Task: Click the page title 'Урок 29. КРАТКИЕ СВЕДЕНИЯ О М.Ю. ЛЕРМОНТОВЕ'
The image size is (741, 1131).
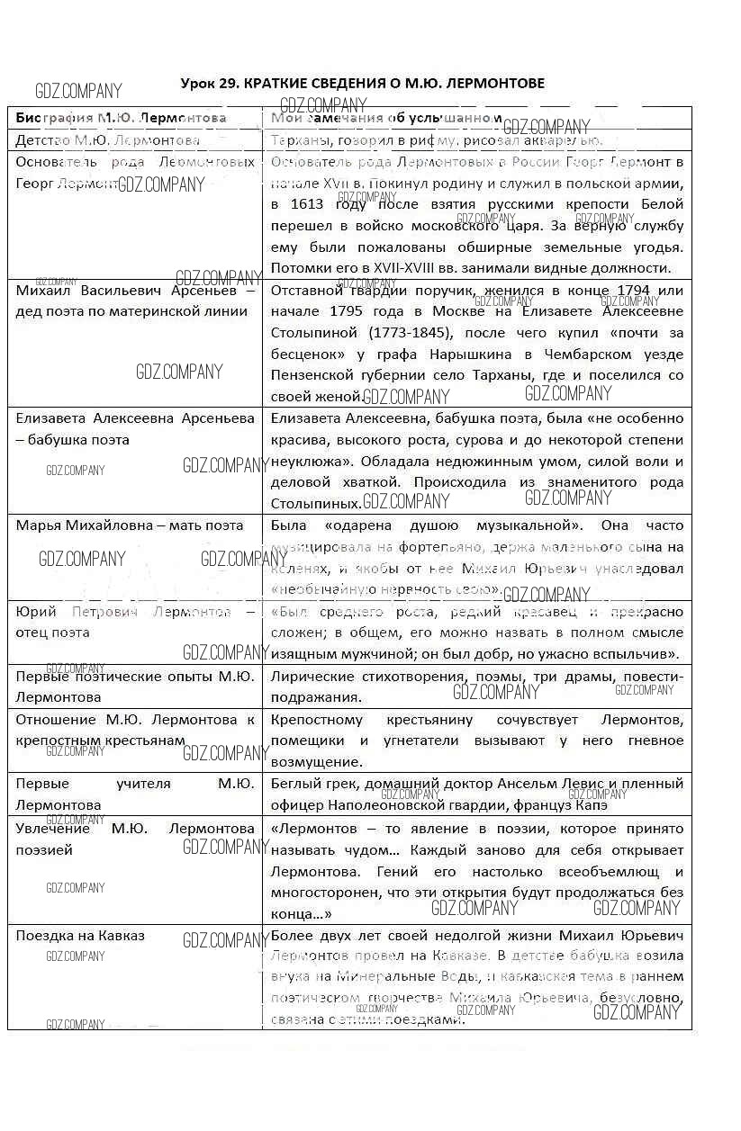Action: pyautogui.click(x=362, y=84)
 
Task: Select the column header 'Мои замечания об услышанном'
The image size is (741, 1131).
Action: pyautogui.click(x=386, y=118)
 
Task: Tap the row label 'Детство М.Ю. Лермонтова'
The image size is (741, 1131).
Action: pyautogui.click(x=108, y=140)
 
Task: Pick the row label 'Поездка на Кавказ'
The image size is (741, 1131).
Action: pyautogui.click(x=80, y=936)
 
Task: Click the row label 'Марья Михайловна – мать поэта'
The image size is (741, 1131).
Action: pyautogui.click(x=130, y=525)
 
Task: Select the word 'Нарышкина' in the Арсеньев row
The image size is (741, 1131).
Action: pyautogui.click(x=496, y=355)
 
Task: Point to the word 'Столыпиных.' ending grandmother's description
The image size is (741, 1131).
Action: pyautogui.click(x=316, y=504)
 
